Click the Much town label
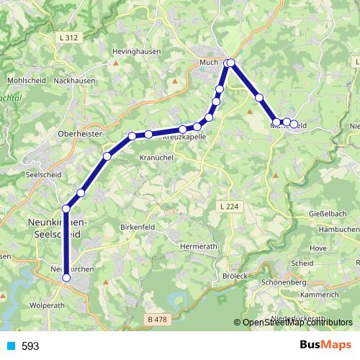[x=209, y=63]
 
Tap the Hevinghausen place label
[x=136, y=52]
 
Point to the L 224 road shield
[x=226, y=207]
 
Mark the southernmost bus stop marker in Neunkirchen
[x=66, y=277]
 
